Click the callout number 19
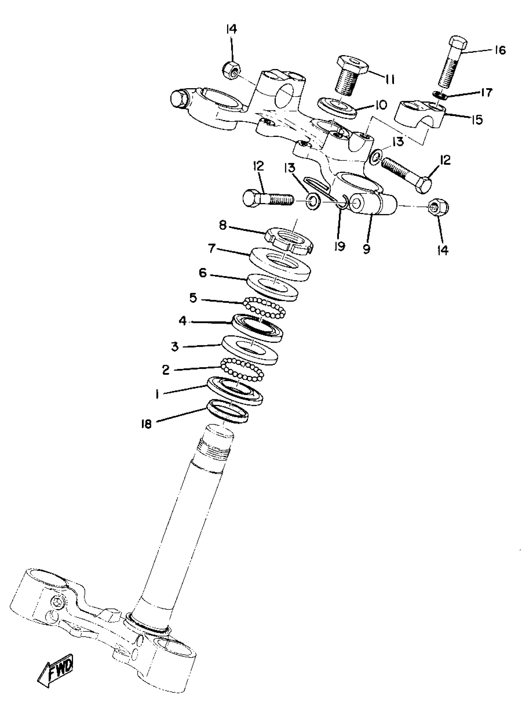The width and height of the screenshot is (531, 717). click(x=340, y=246)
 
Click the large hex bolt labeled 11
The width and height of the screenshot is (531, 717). click(x=350, y=76)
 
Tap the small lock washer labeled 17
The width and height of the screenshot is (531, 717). click(x=440, y=95)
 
